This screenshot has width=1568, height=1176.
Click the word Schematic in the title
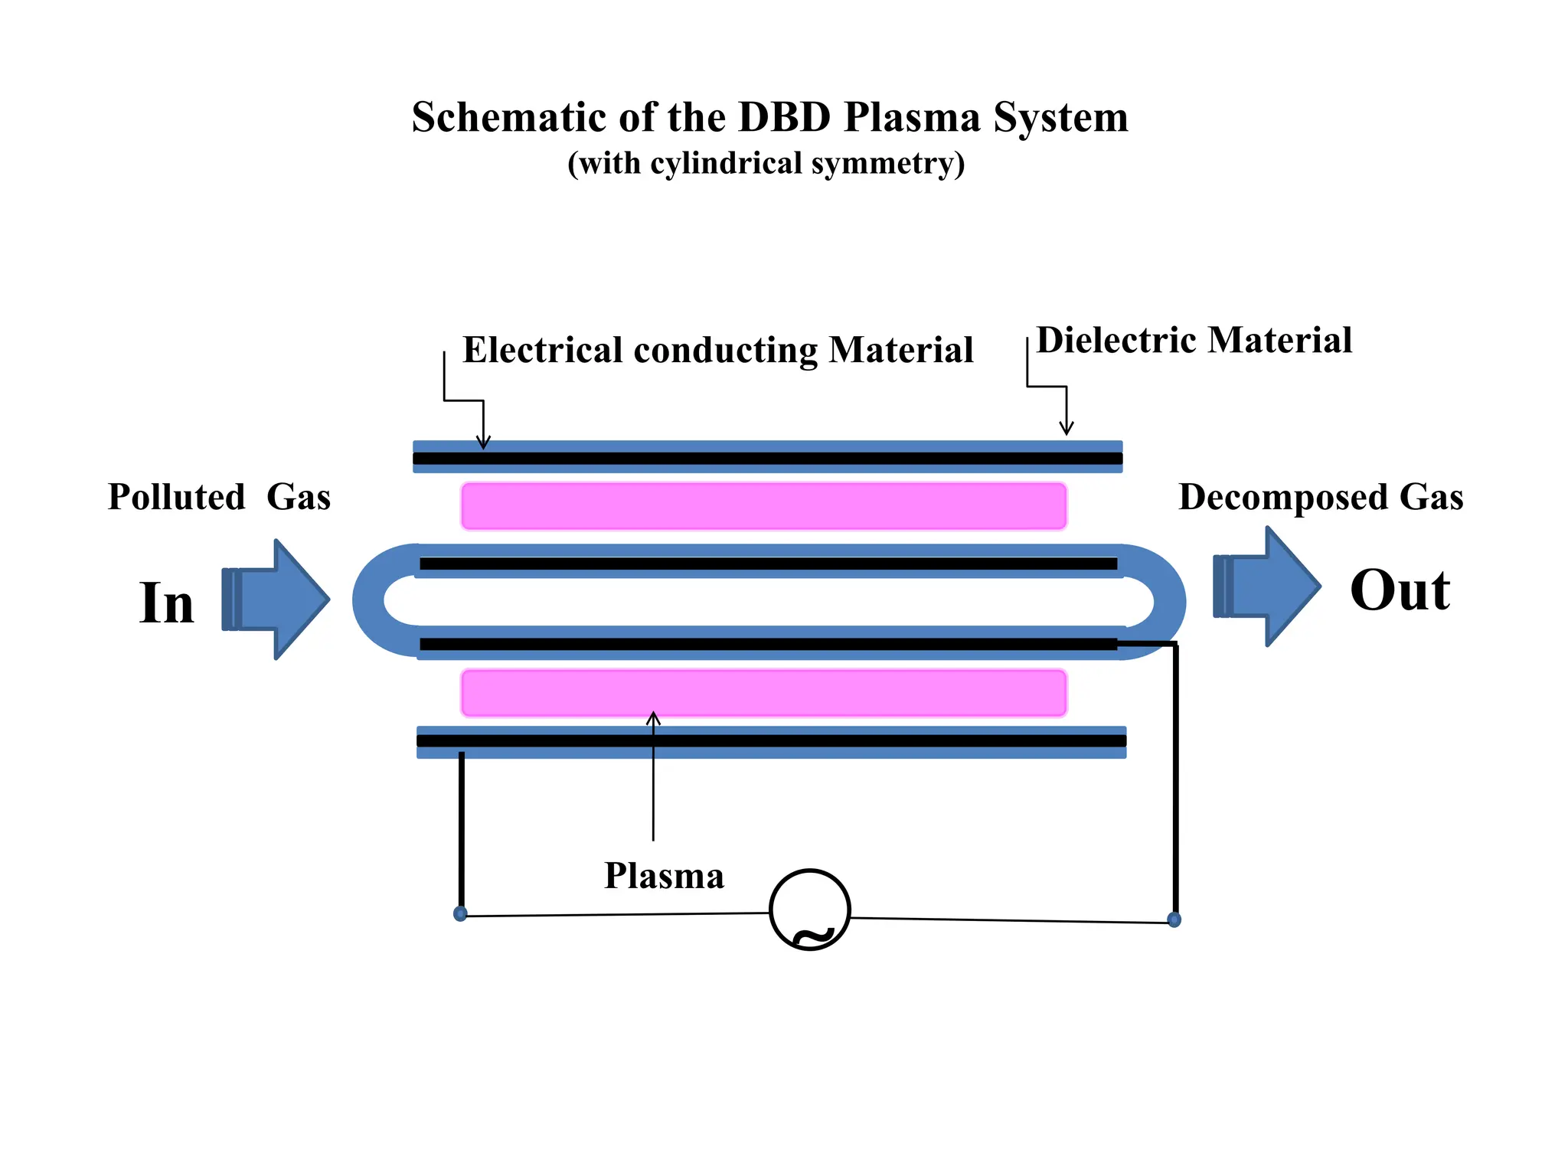(x=509, y=118)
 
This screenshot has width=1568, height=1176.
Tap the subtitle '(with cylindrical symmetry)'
(x=766, y=164)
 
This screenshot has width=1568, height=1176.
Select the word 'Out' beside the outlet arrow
(x=1399, y=590)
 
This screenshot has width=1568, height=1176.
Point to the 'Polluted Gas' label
(x=219, y=497)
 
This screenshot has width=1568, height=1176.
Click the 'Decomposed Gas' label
(x=1320, y=497)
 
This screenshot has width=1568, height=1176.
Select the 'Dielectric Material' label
(x=1193, y=340)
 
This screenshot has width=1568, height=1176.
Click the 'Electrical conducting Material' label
(x=717, y=350)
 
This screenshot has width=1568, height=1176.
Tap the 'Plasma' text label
(x=663, y=875)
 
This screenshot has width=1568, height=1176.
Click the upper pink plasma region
(x=763, y=506)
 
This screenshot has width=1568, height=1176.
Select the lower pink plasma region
(x=763, y=693)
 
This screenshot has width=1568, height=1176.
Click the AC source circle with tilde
(x=809, y=910)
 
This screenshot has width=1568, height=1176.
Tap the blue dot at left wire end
(x=460, y=913)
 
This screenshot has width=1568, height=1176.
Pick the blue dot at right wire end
(x=1174, y=920)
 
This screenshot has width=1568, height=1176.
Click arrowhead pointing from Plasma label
(x=653, y=717)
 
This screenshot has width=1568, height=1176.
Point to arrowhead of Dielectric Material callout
(x=1066, y=430)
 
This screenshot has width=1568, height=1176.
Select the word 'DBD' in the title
(x=784, y=118)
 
